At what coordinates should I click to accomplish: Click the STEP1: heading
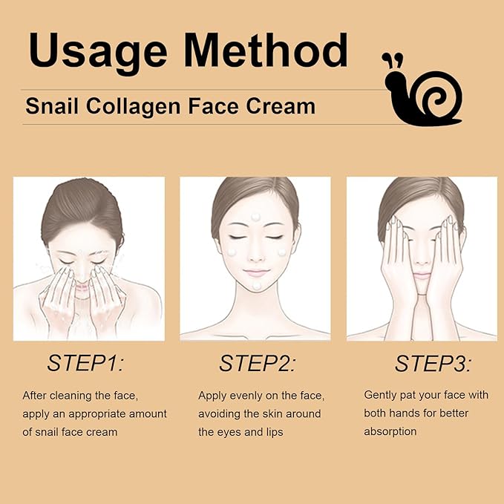click(x=85, y=363)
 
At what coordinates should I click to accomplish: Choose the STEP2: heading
click(x=257, y=363)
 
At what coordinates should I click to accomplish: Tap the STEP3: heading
click(x=431, y=363)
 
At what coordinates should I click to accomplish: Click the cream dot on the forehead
click(x=255, y=217)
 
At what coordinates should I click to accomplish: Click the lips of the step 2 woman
click(x=255, y=272)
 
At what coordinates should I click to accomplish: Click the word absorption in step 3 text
click(x=390, y=431)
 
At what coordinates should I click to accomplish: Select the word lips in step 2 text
click(x=271, y=431)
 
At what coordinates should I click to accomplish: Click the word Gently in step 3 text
click(x=381, y=395)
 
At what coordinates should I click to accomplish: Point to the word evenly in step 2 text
click(x=247, y=396)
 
